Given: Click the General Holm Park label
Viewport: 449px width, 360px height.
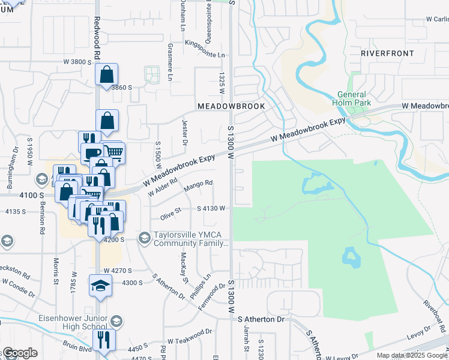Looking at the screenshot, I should (354, 98).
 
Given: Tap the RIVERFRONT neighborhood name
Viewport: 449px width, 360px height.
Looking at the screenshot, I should (387, 53).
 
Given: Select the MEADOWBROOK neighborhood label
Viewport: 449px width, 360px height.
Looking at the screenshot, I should (231, 106).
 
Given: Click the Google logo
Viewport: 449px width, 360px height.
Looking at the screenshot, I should (19, 353).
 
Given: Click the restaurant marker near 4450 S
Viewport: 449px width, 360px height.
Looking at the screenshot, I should (104, 340).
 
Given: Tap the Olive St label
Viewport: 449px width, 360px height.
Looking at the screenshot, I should (170, 214).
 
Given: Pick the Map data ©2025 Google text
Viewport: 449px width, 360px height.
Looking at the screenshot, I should (411, 355).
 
